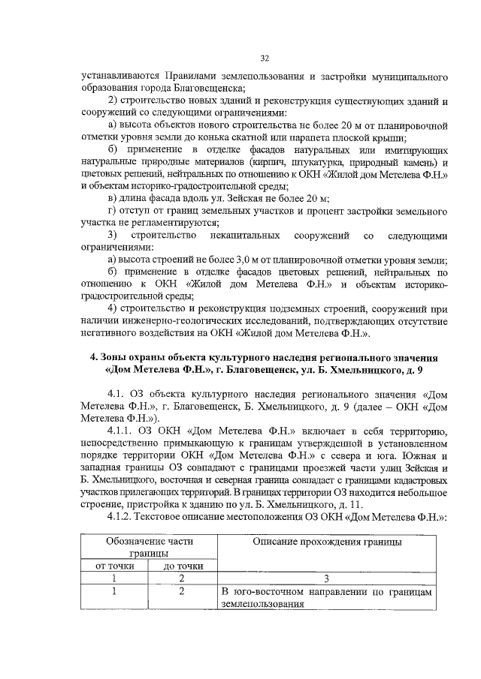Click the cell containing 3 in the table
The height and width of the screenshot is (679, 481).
pyautogui.click(x=326, y=578)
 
